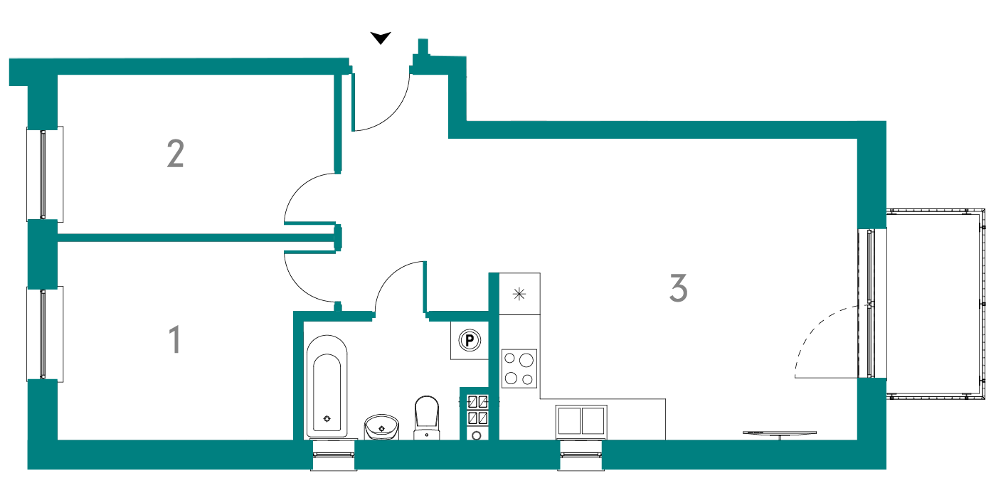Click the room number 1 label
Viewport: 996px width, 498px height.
[176, 339]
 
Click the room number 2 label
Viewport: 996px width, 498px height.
[175, 154]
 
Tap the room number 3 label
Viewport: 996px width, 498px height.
[679, 288]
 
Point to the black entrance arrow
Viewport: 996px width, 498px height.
[381, 38]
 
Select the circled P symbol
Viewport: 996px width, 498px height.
[470, 341]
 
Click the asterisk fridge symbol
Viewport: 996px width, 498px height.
[519, 294]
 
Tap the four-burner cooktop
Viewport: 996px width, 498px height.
[519, 369]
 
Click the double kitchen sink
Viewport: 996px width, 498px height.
[581, 420]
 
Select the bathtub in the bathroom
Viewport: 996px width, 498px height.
[327, 386]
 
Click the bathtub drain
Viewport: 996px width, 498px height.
[327, 419]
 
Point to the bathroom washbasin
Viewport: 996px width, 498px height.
[381, 427]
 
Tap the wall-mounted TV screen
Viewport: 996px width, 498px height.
[780, 433]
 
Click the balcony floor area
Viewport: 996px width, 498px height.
[933, 304]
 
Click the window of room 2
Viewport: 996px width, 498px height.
[43, 174]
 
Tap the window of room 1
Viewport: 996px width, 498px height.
[43, 334]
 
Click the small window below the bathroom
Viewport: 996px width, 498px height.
[334, 455]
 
